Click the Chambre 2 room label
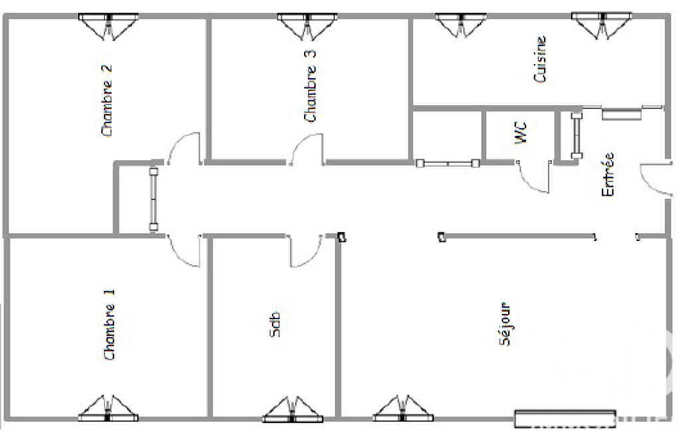pos(107,100)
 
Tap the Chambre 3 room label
pos(309,86)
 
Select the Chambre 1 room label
pos(109,324)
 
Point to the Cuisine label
pos(540,59)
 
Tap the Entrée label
pos(607,174)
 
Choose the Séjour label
pos(505,324)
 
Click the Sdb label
pos(275,324)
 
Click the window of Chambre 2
pos(108,27)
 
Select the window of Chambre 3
pos(307,27)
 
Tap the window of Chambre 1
pos(108,408)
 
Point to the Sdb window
pos(293,409)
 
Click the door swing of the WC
pos(533,176)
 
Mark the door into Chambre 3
pos(307,150)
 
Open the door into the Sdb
pos(306,251)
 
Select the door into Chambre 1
pos(184,251)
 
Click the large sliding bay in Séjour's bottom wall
pos(565,419)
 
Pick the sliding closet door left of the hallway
pos(154,199)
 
